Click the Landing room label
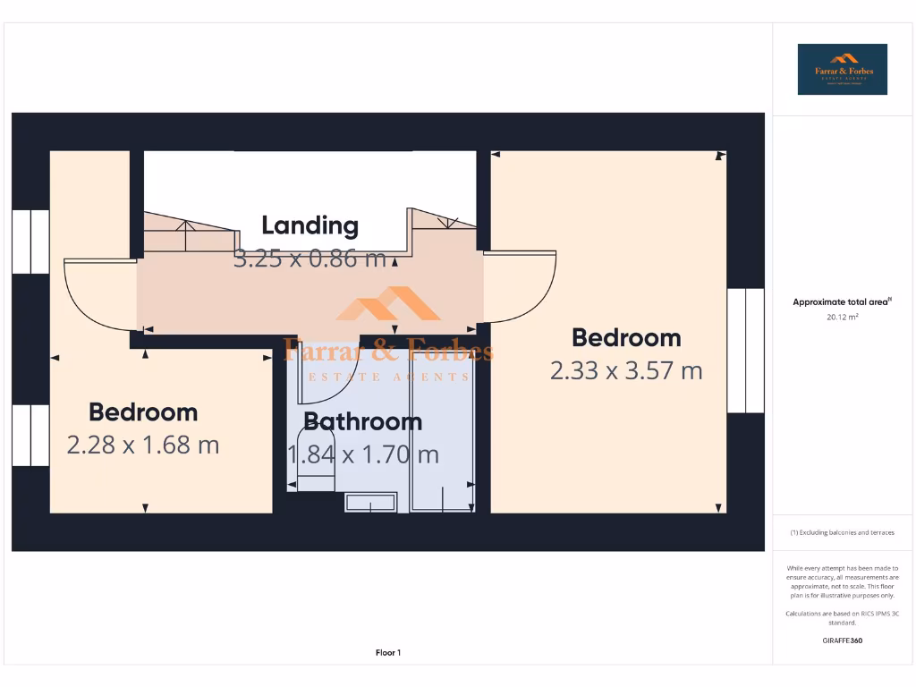coord(310,225)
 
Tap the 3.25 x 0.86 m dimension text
coord(310,259)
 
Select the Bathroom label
coord(362,421)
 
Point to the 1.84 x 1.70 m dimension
coord(363,454)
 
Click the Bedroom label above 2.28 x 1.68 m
coord(143,412)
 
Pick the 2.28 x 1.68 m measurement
coord(143,445)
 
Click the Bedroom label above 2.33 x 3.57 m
coord(626,338)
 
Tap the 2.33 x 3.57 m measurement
coord(626,370)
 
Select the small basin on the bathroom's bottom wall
coord(370,503)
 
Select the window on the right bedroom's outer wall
coord(745,350)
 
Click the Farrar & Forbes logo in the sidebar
coord(842,70)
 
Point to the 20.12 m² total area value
coord(842,317)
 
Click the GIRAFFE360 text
coord(842,640)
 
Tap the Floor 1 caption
coord(388,653)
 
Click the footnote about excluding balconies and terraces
coord(842,532)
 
